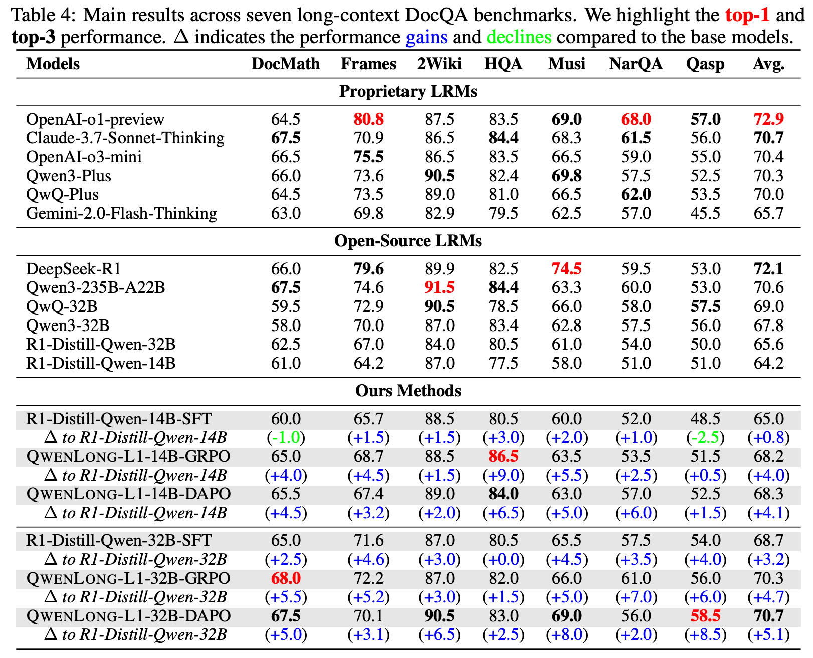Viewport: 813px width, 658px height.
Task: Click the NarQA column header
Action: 636,64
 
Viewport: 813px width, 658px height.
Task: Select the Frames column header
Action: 368,64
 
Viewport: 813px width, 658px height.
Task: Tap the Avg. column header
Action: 768,64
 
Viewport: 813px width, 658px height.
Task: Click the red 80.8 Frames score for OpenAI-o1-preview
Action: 368,119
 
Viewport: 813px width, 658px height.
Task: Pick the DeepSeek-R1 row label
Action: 74,269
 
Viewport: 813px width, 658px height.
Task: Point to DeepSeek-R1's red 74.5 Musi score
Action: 566,269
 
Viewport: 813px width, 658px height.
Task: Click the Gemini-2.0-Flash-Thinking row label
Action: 121,213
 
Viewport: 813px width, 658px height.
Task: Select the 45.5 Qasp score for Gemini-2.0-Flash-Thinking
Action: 705,213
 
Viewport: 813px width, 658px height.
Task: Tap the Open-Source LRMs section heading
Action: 408,241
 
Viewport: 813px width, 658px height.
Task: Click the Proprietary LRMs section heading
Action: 408,91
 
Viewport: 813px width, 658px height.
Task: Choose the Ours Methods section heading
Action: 408,391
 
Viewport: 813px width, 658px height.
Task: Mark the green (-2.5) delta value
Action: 705,437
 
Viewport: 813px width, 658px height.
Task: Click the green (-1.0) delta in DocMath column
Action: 286,437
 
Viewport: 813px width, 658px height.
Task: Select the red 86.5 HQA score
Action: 503,456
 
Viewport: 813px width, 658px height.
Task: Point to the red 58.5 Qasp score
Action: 705,616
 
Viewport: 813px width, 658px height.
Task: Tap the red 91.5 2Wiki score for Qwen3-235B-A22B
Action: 439,288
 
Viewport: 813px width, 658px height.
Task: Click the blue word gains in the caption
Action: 427,37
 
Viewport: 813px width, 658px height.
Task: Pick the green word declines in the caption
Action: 519,37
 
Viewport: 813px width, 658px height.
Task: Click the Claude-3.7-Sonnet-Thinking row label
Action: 125,138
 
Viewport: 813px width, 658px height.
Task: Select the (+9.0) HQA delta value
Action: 503,475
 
